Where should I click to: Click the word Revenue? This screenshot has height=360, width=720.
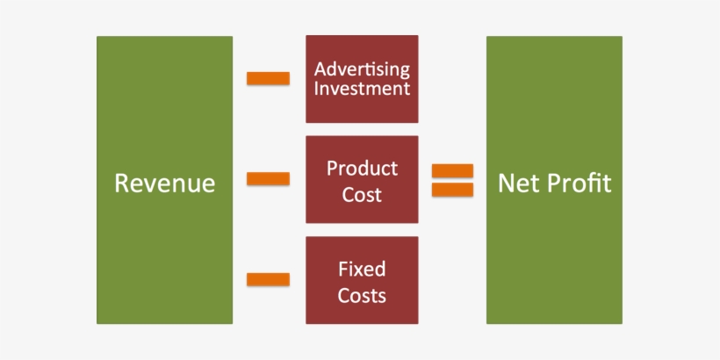tap(165, 184)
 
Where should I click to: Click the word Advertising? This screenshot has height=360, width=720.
tap(362, 68)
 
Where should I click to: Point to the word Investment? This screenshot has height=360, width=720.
tap(362, 89)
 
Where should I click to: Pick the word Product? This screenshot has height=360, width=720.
tap(362, 168)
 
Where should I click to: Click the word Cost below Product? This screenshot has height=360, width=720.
tap(362, 194)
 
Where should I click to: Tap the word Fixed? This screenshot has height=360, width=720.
tap(362, 269)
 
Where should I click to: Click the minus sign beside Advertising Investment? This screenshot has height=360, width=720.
tap(268, 79)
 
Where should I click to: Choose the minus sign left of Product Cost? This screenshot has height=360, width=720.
tap(268, 179)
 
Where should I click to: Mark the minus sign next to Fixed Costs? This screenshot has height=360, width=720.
tap(268, 280)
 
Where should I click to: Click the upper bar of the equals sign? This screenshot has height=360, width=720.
tap(452, 170)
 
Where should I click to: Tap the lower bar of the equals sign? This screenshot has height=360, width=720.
tap(452, 189)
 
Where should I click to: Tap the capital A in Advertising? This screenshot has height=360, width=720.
tap(320, 68)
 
